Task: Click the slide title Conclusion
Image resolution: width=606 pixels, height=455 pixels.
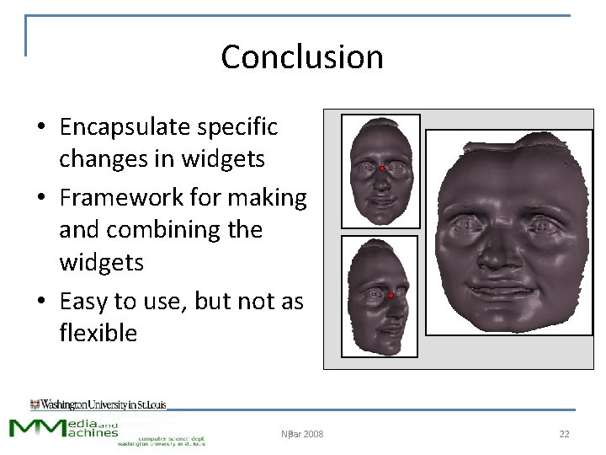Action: [x=302, y=57]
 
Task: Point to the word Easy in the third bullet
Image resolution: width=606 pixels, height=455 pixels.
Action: [x=83, y=301]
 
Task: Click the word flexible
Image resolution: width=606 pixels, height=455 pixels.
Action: [x=98, y=333]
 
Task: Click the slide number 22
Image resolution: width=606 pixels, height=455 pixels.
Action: [x=564, y=434]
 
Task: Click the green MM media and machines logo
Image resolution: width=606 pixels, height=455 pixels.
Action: [x=63, y=428]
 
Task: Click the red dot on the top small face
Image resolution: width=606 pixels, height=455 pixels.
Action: [x=381, y=169]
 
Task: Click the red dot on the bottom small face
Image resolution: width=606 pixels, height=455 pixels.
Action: [x=391, y=296]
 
